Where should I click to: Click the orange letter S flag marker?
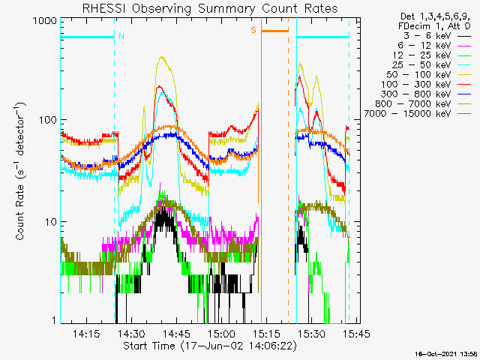tap(253, 30)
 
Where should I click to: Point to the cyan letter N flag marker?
tap(121, 35)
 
